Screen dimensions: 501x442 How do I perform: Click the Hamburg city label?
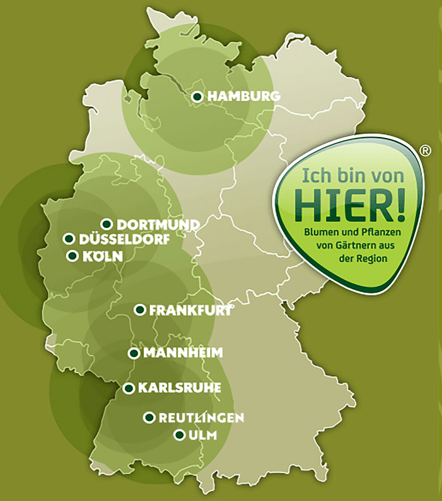point(244,97)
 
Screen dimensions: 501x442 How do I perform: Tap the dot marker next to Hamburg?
point(197,97)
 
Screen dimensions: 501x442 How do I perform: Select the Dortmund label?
point(158,225)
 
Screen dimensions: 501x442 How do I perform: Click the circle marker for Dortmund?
point(107,224)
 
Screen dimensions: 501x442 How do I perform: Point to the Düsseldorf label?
point(124,239)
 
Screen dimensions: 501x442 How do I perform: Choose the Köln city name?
point(102,256)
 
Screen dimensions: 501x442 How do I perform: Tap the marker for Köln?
point(72,256)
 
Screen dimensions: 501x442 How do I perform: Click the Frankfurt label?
point(190,310)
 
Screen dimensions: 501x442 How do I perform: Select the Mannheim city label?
point(183,353)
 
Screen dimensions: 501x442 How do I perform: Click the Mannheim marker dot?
point(134,353)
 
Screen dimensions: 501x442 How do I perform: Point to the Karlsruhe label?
point(179,388)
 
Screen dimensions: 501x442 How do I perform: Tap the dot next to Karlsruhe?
point(128,388)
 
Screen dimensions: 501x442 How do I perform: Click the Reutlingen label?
point(201,418)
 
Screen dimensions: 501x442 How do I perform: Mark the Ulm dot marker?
point(179,435)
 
